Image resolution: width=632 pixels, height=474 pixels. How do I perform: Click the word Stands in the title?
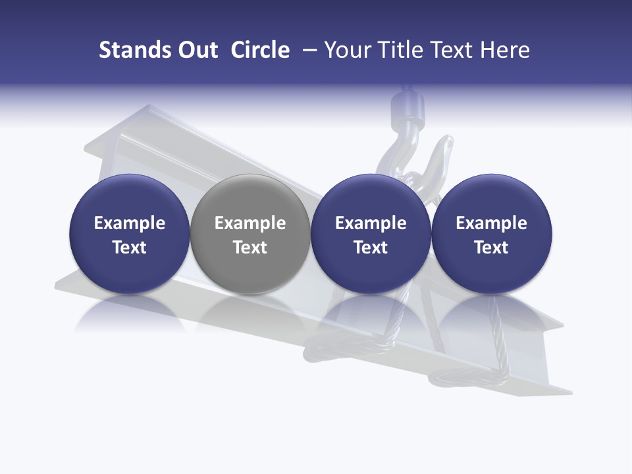pyautogui.click(x=135, y=50)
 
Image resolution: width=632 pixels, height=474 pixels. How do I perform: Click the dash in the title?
pyautogui.click(x=307, y=50)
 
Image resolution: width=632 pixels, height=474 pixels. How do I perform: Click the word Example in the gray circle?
pyautogui.click(x=250, y=223)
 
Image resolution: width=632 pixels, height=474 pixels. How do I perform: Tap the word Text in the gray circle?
pyautogui.click(x=250, y=248)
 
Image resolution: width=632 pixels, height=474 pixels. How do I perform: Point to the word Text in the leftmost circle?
pyautogui.click(x=129, y=248)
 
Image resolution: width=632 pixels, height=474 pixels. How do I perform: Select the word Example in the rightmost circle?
pyautogui.click(x=492, y=223)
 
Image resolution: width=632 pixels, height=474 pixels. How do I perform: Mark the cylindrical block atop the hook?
pyautogui.click(x=407, y=105)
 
